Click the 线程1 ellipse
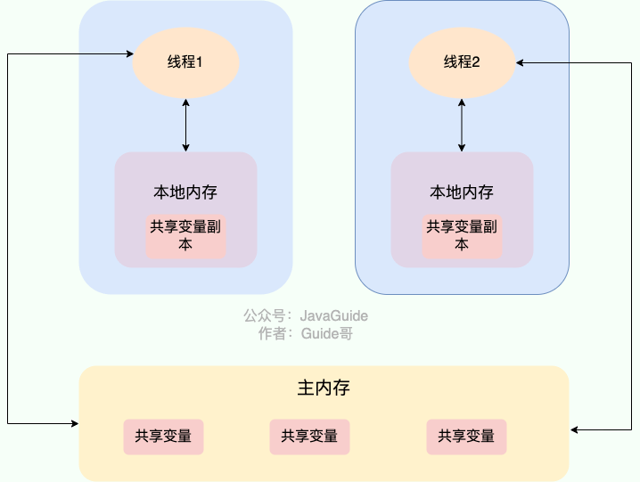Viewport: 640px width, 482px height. tap(185, 62)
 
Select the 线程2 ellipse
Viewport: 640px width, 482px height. tap(462, 62)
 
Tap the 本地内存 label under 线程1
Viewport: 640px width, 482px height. tap(185, 192)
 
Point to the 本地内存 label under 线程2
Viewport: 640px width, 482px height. tap(462, 192)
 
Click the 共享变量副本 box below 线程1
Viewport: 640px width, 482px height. tap(185, 236)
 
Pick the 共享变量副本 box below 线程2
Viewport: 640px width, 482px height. tap(462, 236)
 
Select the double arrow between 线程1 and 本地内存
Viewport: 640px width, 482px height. tap(185, 125)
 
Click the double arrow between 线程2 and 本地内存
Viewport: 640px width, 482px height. tap(462, 125)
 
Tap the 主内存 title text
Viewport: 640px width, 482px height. tap(324, 389)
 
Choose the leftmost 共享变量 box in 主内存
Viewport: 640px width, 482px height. tap(163, 437)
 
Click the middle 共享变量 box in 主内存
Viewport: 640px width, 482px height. tap(309, 437)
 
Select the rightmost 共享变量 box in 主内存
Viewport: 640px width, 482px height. tap(466, 437)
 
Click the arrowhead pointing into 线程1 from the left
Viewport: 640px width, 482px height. tap(127, 54)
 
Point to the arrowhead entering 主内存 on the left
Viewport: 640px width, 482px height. tap(74, 422)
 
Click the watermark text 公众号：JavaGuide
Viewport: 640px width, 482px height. tap(305, 316)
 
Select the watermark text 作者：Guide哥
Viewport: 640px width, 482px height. tap(305, 334)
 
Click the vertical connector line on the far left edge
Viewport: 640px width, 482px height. tap(7, 241)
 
